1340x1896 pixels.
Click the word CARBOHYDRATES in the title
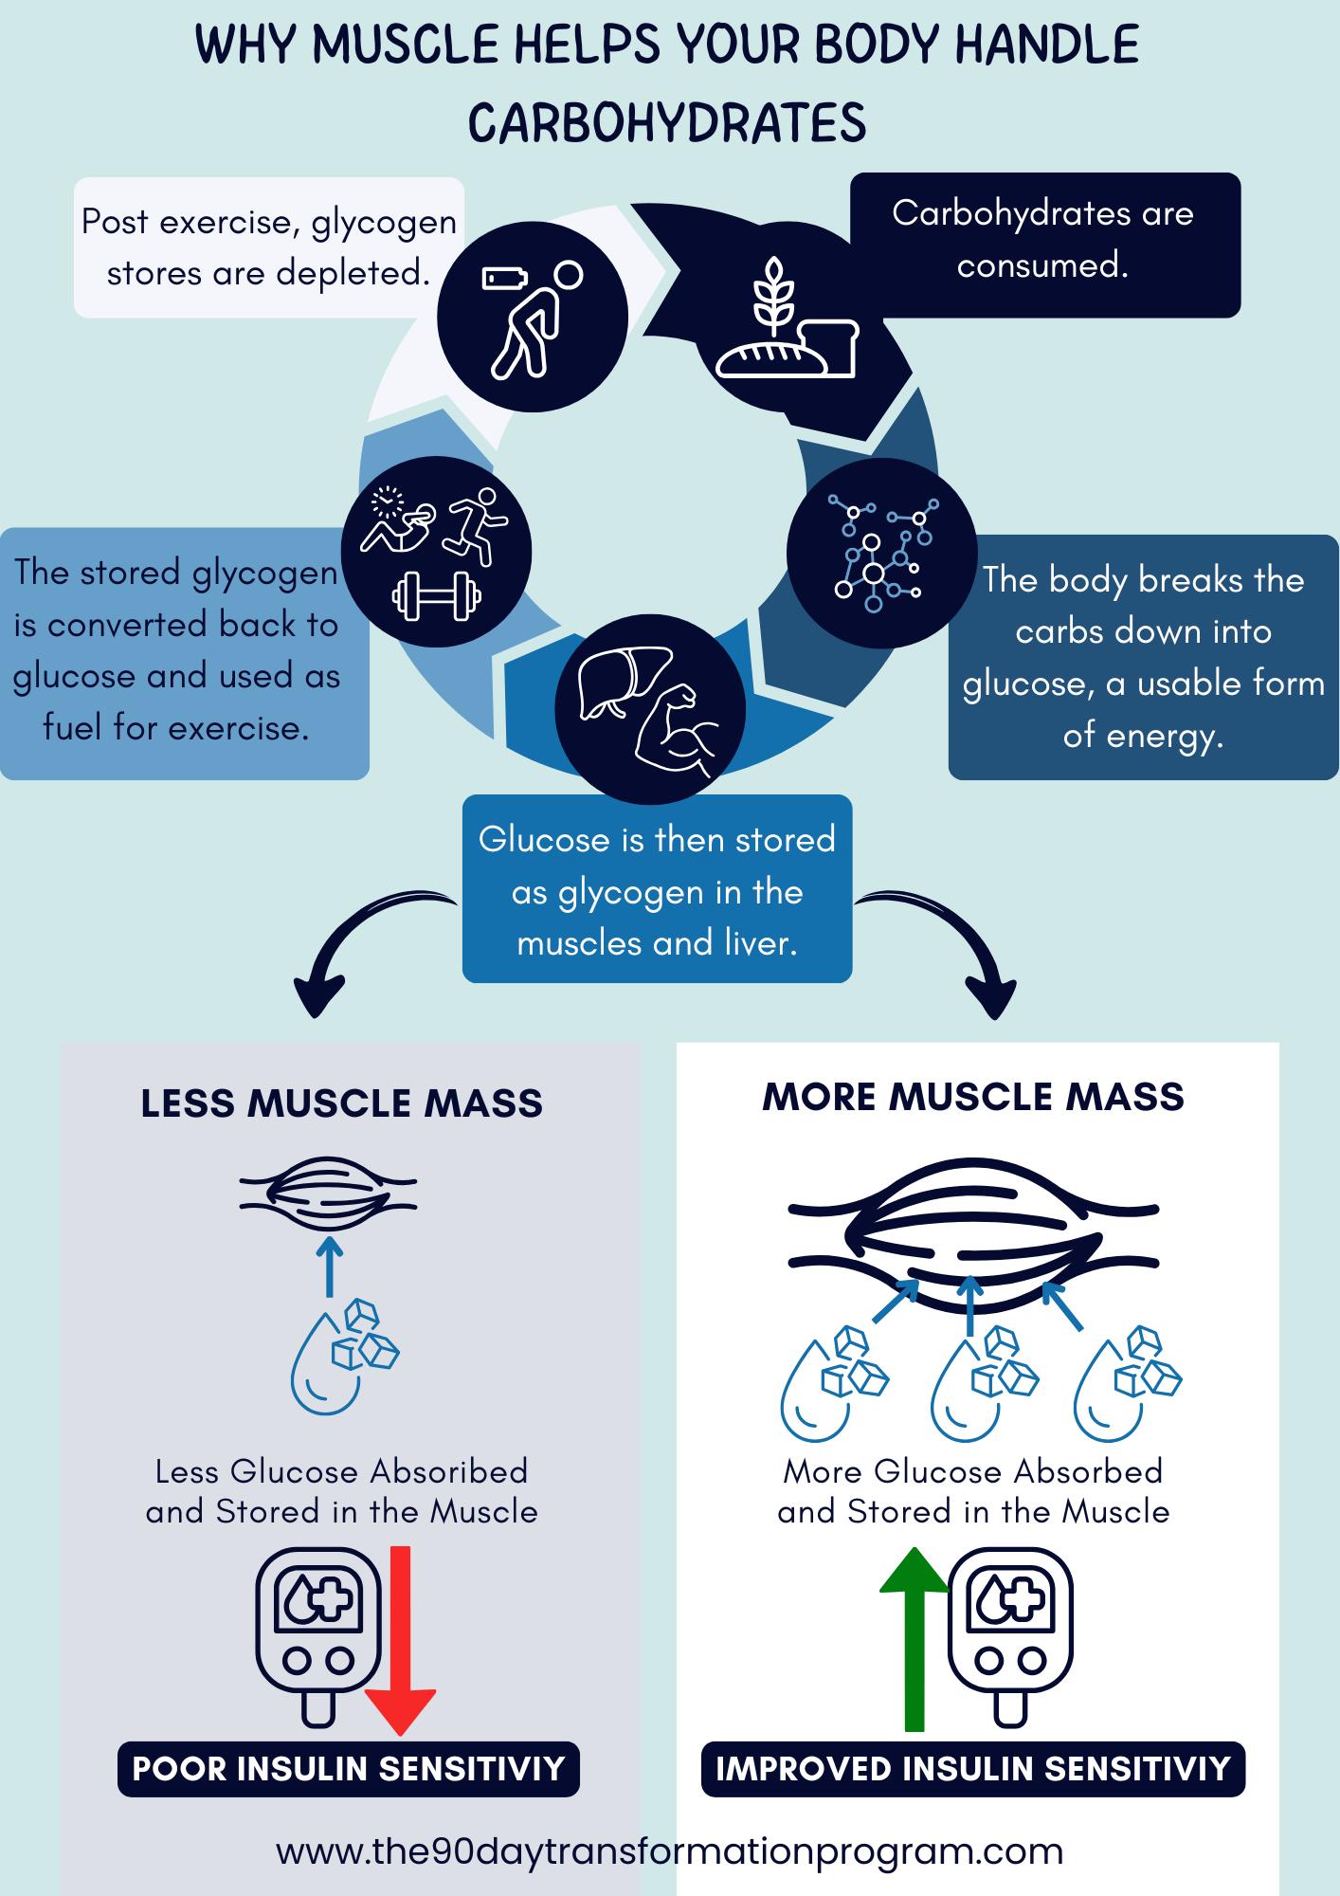coord(667,123)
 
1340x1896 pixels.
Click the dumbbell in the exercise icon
coord(437,596)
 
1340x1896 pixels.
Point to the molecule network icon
coord(882,554)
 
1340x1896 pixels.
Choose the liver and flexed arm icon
coord(649,709)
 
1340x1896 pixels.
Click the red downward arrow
coord(400,1640)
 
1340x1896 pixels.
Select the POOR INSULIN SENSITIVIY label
coord(349,1769)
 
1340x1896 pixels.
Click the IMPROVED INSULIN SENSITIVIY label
coord(973,1769)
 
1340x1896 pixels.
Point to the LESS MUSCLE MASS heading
coord(342,1103)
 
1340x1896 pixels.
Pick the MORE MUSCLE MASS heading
coord(973,1097)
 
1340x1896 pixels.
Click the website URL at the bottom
coord(669,1850)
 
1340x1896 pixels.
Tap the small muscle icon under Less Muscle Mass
coord(328,1194)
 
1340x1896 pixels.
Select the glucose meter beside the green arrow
coord(1011,1636)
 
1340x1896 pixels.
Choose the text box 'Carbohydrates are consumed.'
coord(1045,245)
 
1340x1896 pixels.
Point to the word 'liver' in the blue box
coord(760,942)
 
